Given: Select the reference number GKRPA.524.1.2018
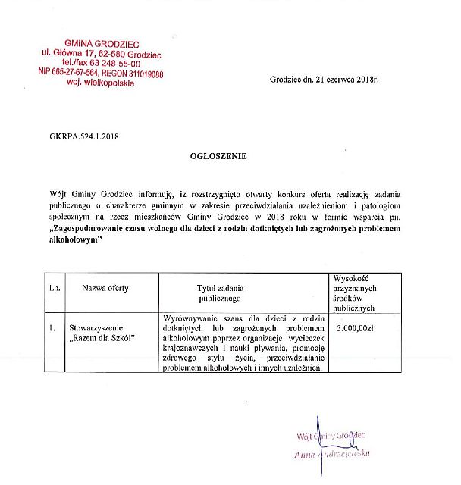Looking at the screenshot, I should click(x=83, y=137).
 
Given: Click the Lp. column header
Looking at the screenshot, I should click(x=55, y=289).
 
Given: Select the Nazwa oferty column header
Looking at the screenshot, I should click(x=105, y=289).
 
